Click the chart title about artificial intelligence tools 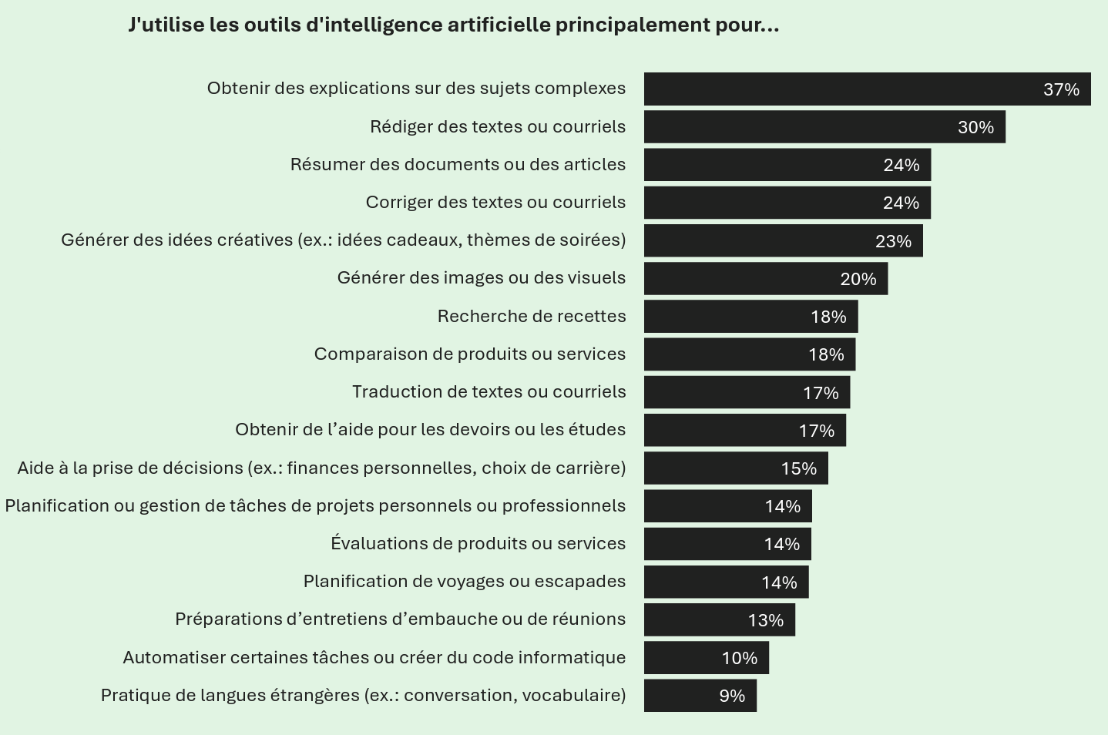[454, 25]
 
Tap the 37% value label [1061, 89]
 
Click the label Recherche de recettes [532, 316]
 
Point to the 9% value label [732, 696]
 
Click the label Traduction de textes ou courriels [489, 391]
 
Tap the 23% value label [893, 241]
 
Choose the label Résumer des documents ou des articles [458, 164]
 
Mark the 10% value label [739, 658]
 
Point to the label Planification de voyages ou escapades [465, 581]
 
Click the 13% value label [765, 620]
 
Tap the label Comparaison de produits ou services [470, 354]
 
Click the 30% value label [975, 127]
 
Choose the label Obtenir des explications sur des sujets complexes [416, 88]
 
